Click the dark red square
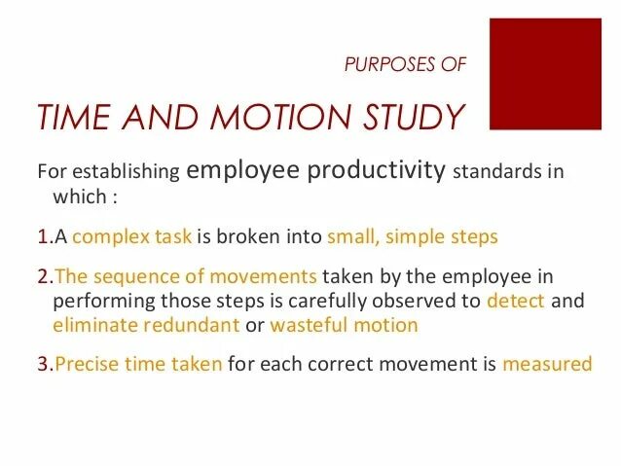click(545, 75)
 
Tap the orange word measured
click(547, 365)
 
